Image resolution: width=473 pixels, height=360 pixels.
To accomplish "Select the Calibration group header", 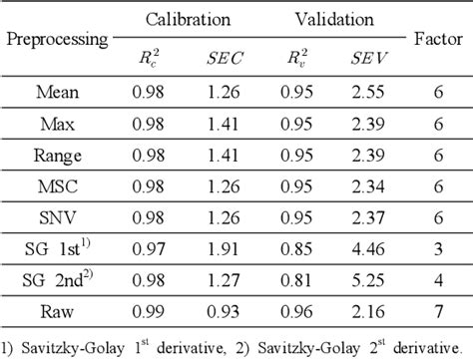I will coord(188,19).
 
